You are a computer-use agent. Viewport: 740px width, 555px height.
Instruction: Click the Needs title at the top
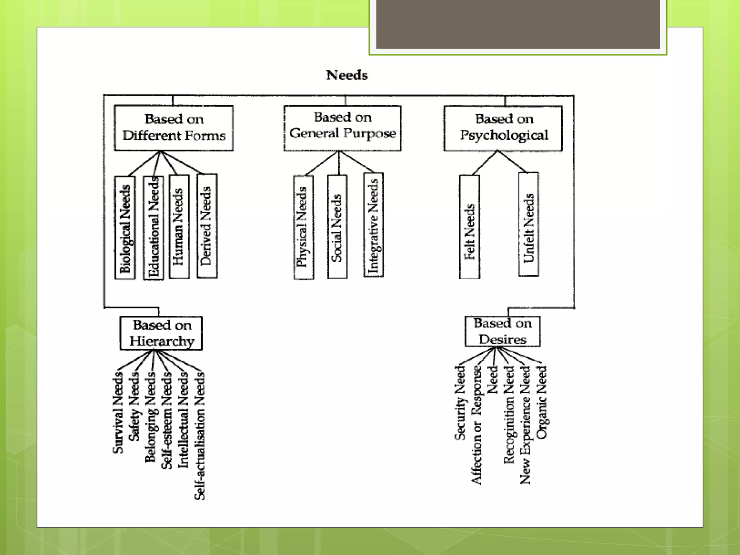click(x=347, y=75)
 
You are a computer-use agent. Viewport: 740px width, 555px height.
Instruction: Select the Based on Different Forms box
click(x=173, y=128)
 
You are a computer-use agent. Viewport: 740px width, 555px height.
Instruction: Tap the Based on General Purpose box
click(x=342, y=128)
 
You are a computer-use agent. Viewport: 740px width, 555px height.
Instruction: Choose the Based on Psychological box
click(x=503, y=128)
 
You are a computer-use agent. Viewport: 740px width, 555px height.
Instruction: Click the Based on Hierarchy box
click(x=161, y=333)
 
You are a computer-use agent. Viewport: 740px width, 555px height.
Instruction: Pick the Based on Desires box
click(x=503, y=331)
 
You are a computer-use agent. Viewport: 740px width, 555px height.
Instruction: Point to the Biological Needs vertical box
click(x=125, y=228)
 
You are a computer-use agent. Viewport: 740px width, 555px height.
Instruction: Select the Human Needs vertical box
click(x=179, y=227)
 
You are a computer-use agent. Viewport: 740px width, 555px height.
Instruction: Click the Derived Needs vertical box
click(x=207, y=226)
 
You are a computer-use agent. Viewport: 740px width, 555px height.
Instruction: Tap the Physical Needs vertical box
click(x=304, y=227)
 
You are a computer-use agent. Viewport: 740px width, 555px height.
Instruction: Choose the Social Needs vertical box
click(x=337, y=227)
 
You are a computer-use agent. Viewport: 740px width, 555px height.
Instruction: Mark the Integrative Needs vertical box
click(x=373, y=225)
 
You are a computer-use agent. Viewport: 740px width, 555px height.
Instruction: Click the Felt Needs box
click(x=469, y=227)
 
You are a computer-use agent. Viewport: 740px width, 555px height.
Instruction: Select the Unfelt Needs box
click(x=528, y=224)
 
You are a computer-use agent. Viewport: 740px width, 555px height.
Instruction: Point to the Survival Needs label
click(x=118, y=413)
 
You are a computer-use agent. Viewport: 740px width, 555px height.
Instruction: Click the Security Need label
click(x=460, y=403)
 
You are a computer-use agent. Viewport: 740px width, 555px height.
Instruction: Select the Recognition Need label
click(x=509, y=415)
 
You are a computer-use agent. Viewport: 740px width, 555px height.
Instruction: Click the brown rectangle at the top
click(x=518, y=24)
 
